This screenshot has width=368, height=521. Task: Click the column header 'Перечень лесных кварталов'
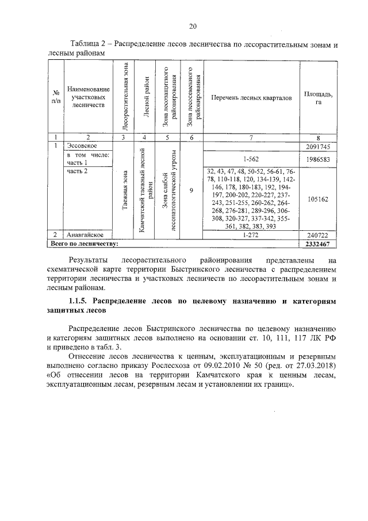[x=251, y=98]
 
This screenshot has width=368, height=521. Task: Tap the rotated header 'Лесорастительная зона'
[x=125, y=98]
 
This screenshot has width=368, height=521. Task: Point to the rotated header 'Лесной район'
[x=146, y=98]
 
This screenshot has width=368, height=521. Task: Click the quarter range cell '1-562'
[x=251, y=158]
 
